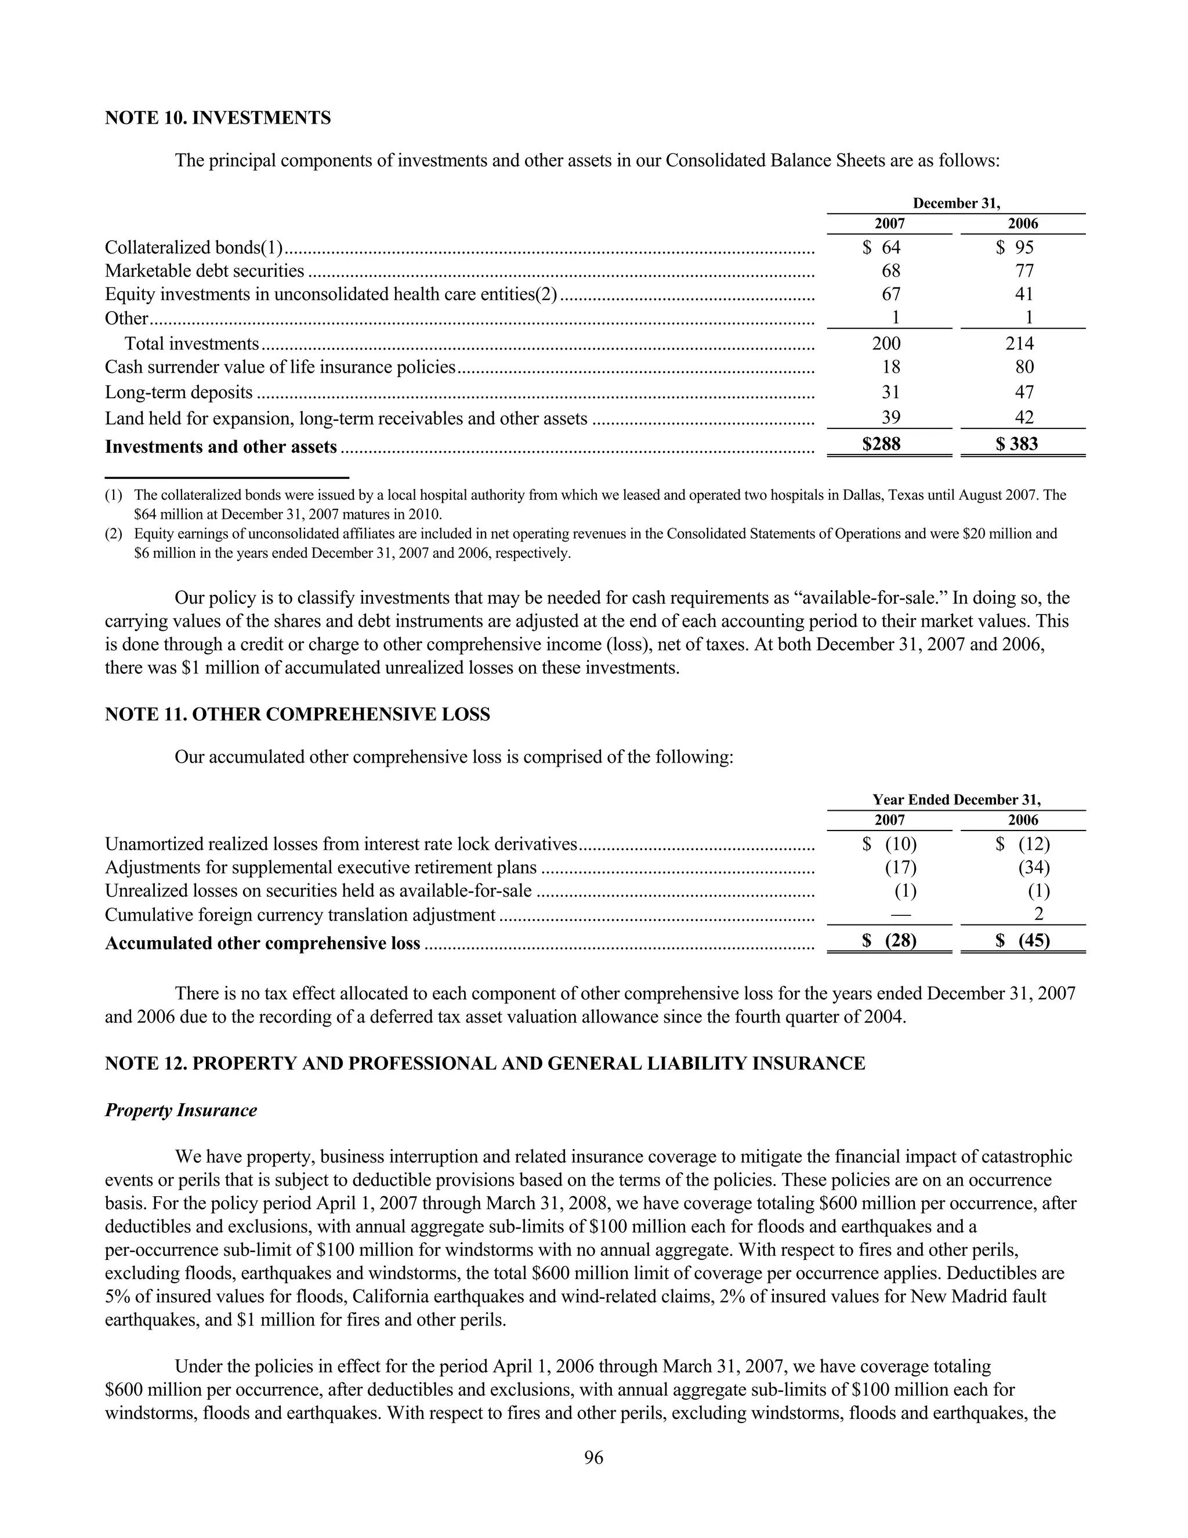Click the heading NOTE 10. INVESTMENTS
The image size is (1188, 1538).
218,118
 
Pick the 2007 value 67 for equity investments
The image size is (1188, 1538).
890,294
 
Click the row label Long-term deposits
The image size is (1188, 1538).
179,392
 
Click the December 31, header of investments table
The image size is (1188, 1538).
956,204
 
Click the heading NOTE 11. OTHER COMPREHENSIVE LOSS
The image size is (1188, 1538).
297,715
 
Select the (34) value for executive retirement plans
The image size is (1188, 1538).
1033,868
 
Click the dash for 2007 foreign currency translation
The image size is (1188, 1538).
900,915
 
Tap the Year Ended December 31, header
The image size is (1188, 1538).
956,800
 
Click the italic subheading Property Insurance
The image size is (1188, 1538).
181,1110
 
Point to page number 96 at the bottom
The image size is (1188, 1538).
593,1458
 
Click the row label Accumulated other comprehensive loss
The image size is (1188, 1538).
263,944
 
